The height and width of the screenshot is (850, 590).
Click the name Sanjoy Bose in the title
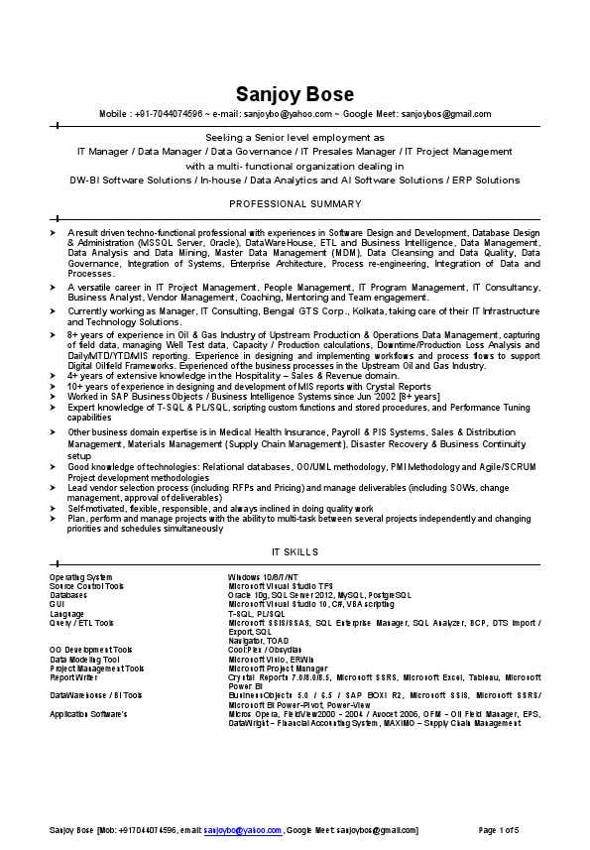pos(295,94)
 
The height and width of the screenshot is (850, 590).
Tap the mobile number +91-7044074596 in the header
pos(169,114)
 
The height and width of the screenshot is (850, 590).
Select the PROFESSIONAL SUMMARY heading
pos(295,203)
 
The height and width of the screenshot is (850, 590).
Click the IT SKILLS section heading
pos(295,551)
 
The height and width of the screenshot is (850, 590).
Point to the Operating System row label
pos(81,576)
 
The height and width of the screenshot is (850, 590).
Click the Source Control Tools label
pos(87,586)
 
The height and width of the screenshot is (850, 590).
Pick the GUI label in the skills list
pos(57,604)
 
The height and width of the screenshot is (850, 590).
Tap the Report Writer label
pos(74,677)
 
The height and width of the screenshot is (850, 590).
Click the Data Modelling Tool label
pos(84,659)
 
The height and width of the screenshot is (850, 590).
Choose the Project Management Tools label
pos(96,668)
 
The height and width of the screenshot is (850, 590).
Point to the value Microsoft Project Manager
pos(278,668)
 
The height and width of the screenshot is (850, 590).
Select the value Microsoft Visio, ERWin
pos(271,659)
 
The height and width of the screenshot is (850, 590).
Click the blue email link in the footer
pos(243,829)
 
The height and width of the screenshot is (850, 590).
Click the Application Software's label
pos(89,714)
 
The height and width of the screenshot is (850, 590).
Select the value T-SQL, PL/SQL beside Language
pos(257,614)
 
